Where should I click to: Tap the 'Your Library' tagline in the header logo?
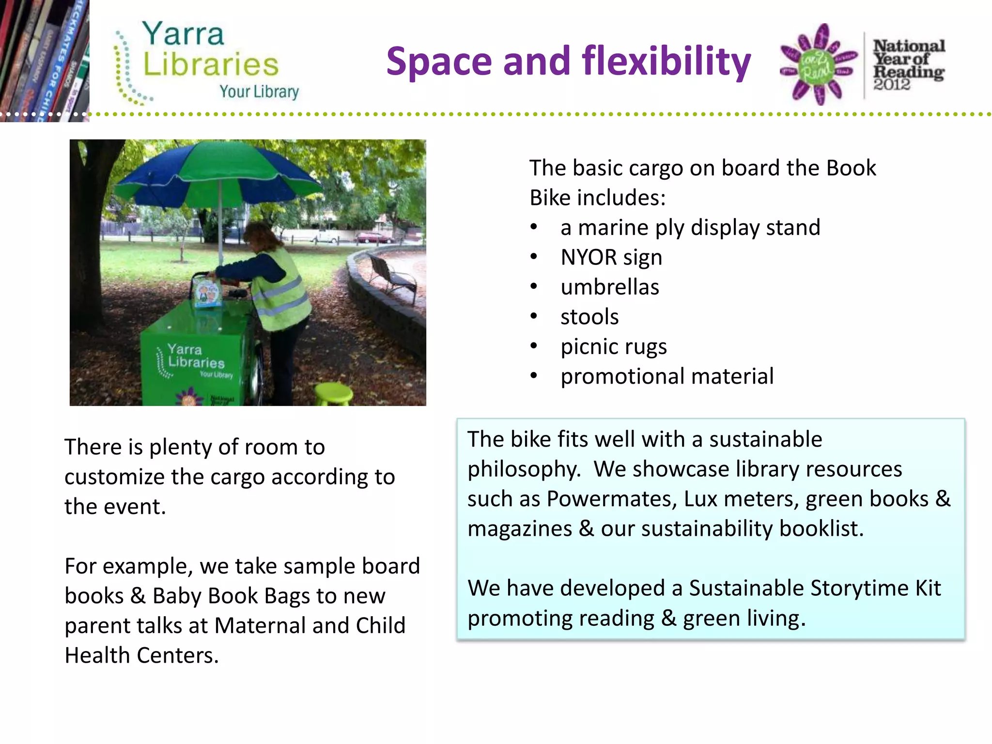pyautogui.click(x=259, y=92)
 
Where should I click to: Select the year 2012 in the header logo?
pyautogui.click(x=892, y=85)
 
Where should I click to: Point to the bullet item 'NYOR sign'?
pyautogui.click(x=611, y=257)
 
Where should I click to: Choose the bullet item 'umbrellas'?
pyautogui.click(x=609, y=287)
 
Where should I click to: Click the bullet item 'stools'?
pyautogui.click(x=589, y=317)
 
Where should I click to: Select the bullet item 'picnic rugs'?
pyautogui.click(x=613, y=347)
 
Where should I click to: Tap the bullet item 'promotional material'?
pyautogui.click(x=666, y=376)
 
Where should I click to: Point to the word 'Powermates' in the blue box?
pyautogui.click(x=611, y=499)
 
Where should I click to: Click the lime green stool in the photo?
pyautogui.click(x=334, y=393)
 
